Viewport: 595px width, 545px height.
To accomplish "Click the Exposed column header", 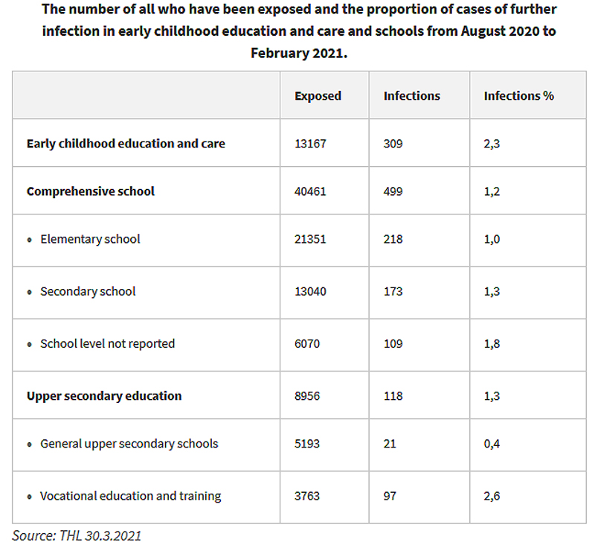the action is (x=318, y=96).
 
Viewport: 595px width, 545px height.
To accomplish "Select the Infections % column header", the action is (x=518, y=96).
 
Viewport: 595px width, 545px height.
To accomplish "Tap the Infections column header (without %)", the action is (x=412, y=96).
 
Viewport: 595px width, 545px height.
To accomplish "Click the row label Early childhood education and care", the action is (x=126, y=144).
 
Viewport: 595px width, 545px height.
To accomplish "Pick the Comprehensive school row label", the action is (x=91, y=191).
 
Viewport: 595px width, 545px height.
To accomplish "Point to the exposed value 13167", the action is (x=310, y=144).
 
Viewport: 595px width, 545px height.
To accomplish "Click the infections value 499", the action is (x=393, y=191).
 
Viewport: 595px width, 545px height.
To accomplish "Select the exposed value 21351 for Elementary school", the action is (x=310, y=239).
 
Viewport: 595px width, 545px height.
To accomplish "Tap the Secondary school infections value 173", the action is (x=393, y=291).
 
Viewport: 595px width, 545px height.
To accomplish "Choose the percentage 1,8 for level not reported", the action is (x=492, y=344).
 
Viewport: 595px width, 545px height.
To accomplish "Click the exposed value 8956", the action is (x=307, y=396).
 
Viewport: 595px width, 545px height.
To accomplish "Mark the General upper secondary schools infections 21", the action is (x=390, y=444).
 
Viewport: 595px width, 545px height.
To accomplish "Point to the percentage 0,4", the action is (x=492, y=444).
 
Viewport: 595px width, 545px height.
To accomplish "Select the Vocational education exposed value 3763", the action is (x=307, y=496).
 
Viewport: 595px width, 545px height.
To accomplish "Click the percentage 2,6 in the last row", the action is (x=492, y=496).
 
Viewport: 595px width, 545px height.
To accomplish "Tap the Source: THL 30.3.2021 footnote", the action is (x=77, y=535).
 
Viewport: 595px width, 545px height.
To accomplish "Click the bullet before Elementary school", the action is (x=30, y=240).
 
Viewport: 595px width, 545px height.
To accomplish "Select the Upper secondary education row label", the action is (x=104, y=396).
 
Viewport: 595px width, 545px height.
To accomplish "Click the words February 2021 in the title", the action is (x=299, y=53).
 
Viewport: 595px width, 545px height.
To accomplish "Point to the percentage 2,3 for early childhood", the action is (x=492, y=144).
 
